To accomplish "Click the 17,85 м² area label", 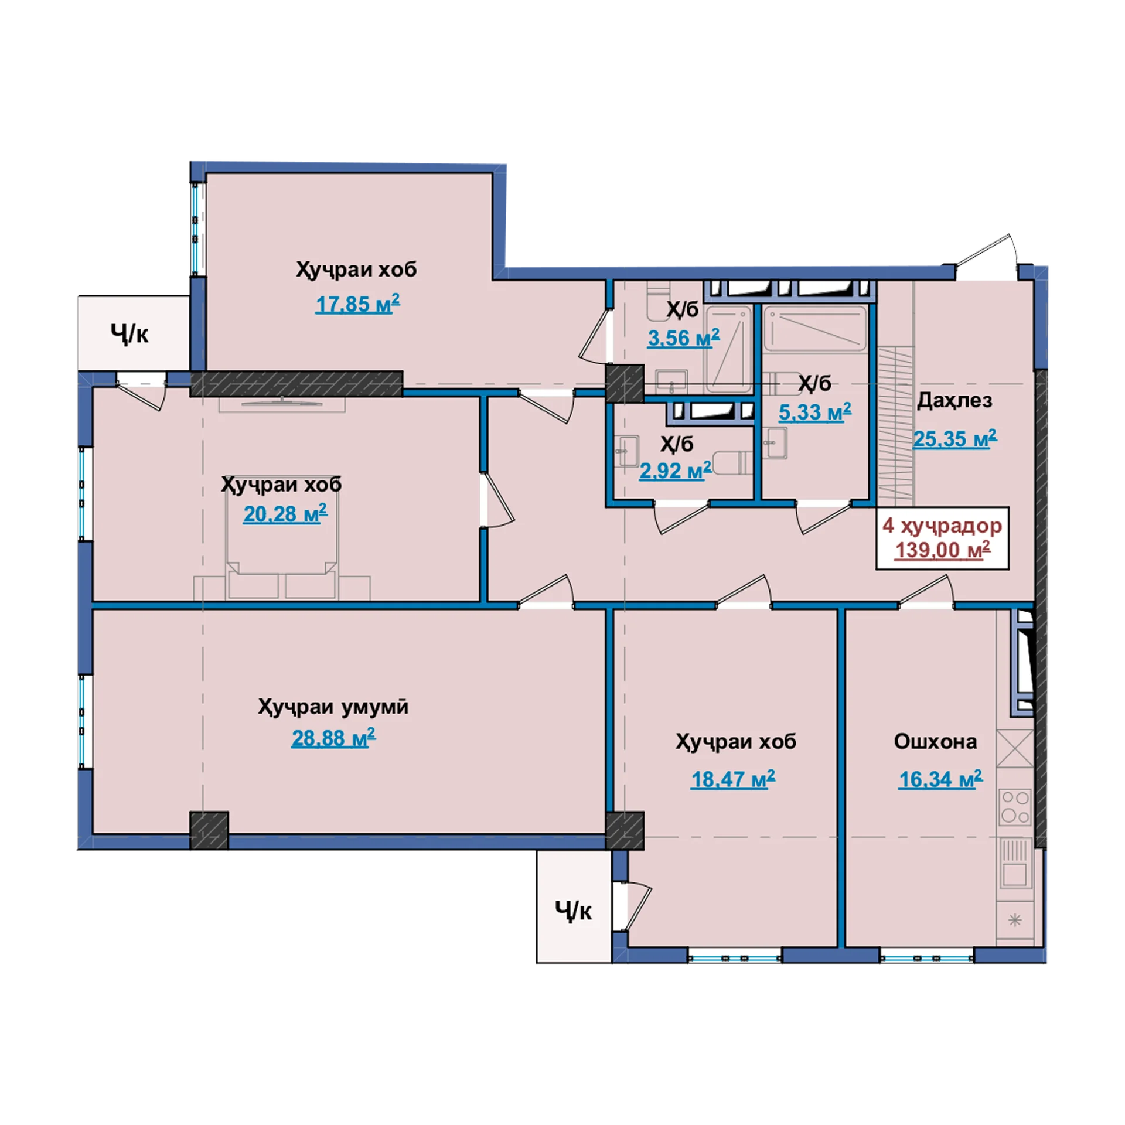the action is coord(357,304).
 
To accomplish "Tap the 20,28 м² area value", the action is coord(285,514).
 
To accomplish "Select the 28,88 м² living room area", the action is coord(333,738).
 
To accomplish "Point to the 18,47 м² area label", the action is coord(733,779).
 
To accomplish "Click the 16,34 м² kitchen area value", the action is coord(940,779).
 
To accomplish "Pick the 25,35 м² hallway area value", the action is coord(954,438).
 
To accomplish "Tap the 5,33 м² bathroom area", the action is coord(814,412).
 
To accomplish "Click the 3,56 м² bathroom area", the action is coord(683,337).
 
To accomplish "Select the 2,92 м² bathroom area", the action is coord(675,471).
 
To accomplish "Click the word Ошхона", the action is coord(935,742).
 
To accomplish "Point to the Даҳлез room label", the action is coord(954,401).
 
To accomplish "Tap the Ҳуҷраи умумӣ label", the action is coord(333,707).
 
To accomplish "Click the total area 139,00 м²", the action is coord(943,550).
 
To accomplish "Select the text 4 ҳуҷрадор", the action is coord(942,526).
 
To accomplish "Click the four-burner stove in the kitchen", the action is coord(1015,807).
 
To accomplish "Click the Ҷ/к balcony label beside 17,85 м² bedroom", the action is coord(129,335).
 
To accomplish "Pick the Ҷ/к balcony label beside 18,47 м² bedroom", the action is coord(574,912).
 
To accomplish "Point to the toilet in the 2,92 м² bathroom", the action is coord(732,463).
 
